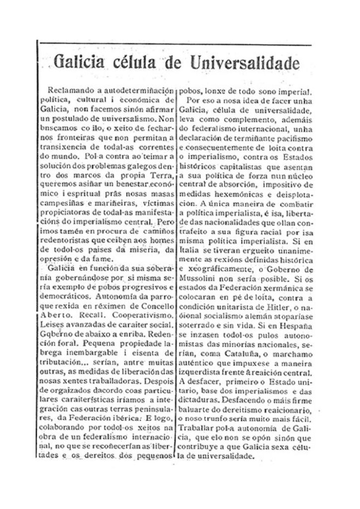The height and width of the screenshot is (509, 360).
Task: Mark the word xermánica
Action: (271, 289)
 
